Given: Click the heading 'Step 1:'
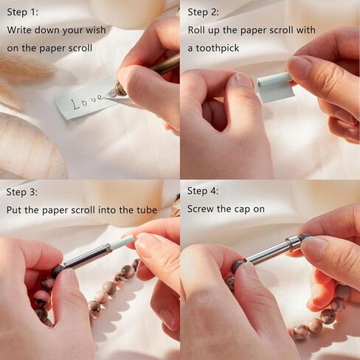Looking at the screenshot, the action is click(x=23, y=12).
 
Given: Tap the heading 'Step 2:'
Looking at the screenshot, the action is click(x=203, y=12).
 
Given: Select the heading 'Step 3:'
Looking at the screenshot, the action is click(x=22, y=192).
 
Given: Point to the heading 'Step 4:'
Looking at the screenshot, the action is click(x=203, y=191).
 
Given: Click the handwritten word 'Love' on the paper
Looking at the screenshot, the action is click(x=87, y=101).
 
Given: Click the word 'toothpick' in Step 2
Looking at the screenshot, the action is click(x=218, y=48).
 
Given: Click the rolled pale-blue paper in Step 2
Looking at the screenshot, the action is click(x=275, y=86).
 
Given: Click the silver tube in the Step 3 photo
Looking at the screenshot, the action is click(x=86, y=256).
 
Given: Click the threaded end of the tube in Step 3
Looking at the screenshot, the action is click(x=108, y=247).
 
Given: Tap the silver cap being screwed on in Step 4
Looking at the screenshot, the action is click(x=294, y=242).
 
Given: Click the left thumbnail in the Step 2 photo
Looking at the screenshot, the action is click(x=241, y=80).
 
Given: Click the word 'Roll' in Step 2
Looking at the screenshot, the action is click(x=196, y=30).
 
